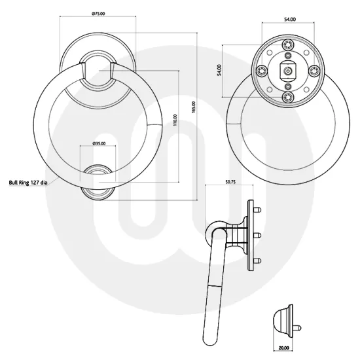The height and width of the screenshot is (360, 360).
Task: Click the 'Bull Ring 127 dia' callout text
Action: point(34,183)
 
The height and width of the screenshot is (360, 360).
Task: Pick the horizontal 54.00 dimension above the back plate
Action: point(287,20)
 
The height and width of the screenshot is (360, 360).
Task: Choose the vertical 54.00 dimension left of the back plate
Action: point(219,69)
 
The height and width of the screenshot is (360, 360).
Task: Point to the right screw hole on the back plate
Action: point(312,71)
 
